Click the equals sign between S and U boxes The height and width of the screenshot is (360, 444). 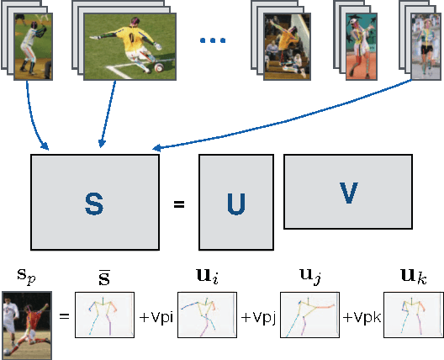click(178, 204)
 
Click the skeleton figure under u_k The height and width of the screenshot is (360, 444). click(411, 315)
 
